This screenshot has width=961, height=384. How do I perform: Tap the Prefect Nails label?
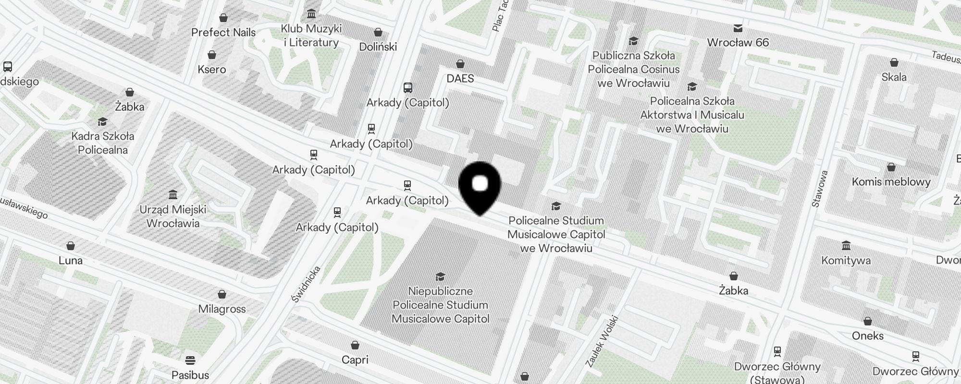click(223, 33)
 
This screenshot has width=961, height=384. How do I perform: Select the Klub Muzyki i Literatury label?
click(311, 36)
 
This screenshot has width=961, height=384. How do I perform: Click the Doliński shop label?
click(378, 47)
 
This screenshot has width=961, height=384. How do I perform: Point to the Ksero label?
click(212, 69)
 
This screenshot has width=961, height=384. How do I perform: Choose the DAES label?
click(460, 78)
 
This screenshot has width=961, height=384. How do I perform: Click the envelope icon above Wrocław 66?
click(738, 28)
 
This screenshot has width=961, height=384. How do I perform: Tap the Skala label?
click(894, 77)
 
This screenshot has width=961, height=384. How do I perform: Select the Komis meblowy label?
click(891, 181)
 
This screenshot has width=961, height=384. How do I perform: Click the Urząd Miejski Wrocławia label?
click(173, 216)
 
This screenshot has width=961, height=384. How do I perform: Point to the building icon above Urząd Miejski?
click(173, 194)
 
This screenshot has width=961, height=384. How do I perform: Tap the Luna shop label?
click(71, 260)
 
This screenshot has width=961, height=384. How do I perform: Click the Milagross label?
click(222, 309)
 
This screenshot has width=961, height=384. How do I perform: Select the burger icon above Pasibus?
click(190, 360)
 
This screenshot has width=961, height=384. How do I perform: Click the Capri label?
click(355, 360)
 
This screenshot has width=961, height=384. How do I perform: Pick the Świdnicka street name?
click(306, 284)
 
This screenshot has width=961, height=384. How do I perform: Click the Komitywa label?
click(846, 261)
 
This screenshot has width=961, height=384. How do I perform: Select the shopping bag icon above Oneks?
click(868, 321)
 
